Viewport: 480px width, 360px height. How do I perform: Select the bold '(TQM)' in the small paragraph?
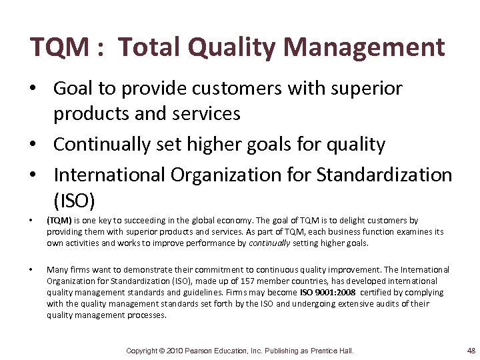point(59,220)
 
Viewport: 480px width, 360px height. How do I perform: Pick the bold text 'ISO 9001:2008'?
point(327,292)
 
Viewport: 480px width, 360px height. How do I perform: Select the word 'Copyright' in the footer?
point(142,351)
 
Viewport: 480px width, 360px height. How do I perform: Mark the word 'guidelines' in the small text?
point(187,292)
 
